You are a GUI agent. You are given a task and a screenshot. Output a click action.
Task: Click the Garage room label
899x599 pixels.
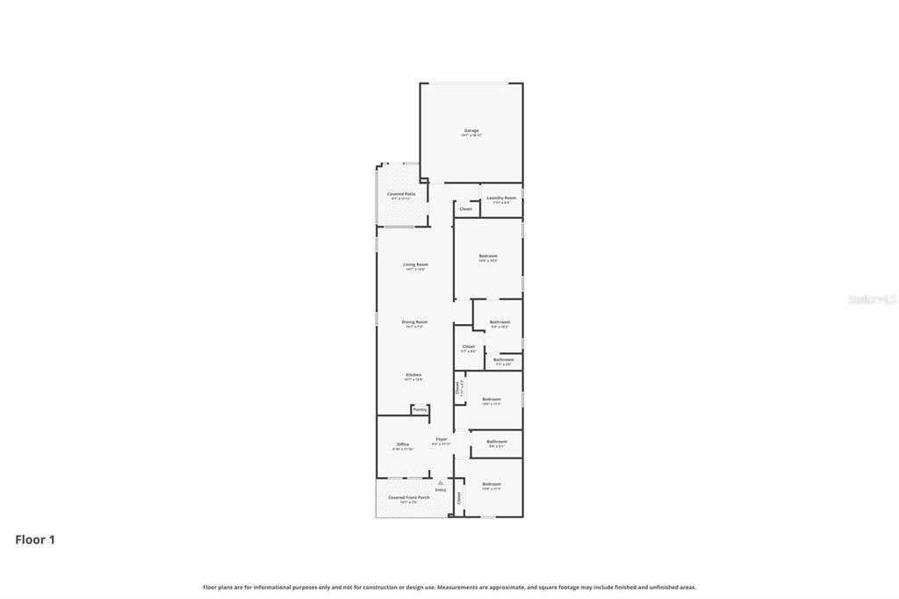471,131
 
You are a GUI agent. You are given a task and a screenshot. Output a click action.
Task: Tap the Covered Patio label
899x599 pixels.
401,194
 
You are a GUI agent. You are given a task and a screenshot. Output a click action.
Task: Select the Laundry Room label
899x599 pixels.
501,198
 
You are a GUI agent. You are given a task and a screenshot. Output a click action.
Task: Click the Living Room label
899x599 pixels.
415,264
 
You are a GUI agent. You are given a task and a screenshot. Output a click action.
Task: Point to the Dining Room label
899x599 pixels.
414,322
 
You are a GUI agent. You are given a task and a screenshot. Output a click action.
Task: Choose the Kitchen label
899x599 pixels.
414,375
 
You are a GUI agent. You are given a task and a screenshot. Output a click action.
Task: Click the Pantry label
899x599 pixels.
420,409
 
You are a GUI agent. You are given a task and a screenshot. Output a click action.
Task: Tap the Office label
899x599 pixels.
403,444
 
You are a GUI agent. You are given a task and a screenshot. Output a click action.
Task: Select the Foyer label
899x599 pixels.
442,439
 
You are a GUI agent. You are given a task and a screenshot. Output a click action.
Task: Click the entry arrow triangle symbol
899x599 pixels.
441,482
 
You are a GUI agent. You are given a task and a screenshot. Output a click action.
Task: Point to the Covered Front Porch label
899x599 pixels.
409,498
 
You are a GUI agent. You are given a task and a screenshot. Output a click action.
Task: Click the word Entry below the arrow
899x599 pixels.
441,490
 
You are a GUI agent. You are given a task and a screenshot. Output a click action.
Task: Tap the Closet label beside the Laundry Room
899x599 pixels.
466,209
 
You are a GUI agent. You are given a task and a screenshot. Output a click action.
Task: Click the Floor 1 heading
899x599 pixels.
35,540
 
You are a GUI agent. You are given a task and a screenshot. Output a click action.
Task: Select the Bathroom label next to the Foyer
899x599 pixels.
497,442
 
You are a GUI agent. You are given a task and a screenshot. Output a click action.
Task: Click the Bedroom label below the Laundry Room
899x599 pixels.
488,256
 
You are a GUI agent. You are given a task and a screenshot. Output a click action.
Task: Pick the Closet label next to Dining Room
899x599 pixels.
469,346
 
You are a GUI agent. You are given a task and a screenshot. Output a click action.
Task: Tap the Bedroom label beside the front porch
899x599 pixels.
492,484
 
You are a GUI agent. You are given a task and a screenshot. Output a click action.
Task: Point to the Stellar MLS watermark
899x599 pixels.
873,299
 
